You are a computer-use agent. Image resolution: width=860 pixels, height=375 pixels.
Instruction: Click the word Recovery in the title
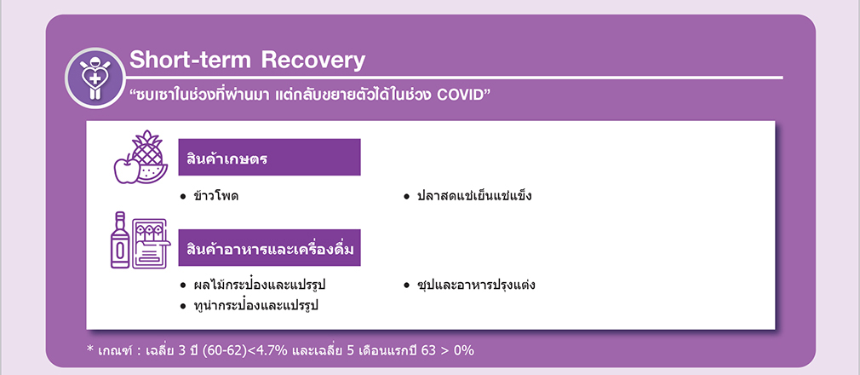pos(313,61)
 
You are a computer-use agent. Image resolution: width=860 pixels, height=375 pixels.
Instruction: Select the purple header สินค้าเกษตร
pos(269,157)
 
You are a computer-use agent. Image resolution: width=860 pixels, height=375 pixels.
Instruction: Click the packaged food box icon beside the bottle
pos(149,243)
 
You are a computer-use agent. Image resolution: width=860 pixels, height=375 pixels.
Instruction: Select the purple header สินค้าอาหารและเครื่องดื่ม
pos(269,248)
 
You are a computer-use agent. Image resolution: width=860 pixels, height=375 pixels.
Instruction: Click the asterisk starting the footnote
pos(90,348)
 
